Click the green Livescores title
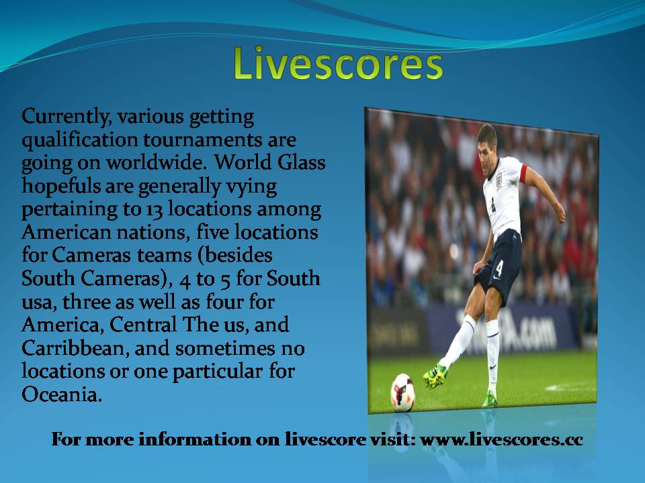(x=338, y=64)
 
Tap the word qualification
(x=79, y=140)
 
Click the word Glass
(x=301, y=162)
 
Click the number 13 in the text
(x=155, y=210)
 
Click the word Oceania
(x=62, y=394)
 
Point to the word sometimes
(x=225, y=349)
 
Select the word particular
(x=217, y=372)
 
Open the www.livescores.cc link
(x=501, y=439)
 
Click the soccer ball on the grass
(x=402, y=392)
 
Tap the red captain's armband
(x=523, y=173)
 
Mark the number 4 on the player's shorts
(x=499, y=268)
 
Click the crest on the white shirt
(x=499, y=180)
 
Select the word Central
(x=142, y=325)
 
